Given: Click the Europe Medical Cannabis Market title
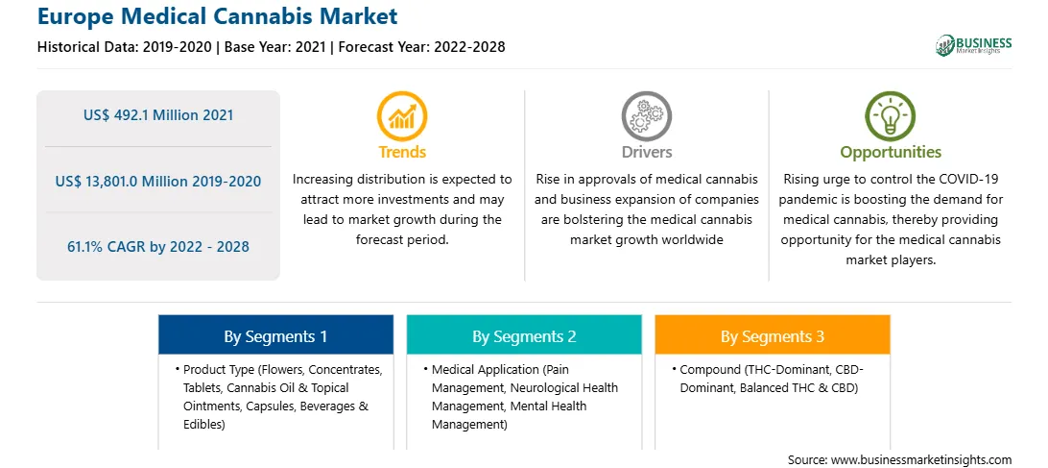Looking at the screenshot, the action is (x=217, y=16).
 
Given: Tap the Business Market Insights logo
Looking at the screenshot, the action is (x=973, y=45).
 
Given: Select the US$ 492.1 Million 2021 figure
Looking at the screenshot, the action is (x=158, y=115).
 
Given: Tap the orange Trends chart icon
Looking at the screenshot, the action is (x=402, y=116).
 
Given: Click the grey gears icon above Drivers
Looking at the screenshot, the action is (x=646, y=116).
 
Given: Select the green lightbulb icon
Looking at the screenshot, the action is (x=891, y=116).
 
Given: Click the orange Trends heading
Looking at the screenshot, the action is (x=402, y=152).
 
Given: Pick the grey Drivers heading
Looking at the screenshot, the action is (x=647, y=152).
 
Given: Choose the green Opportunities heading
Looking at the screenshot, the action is (x=891, y=153).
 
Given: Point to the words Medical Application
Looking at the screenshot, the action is (x=486, y=370).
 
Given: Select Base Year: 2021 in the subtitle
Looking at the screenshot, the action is (x=275, y=47).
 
